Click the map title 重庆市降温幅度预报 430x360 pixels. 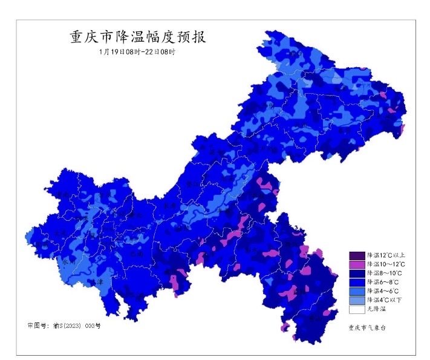click(137, 37)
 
